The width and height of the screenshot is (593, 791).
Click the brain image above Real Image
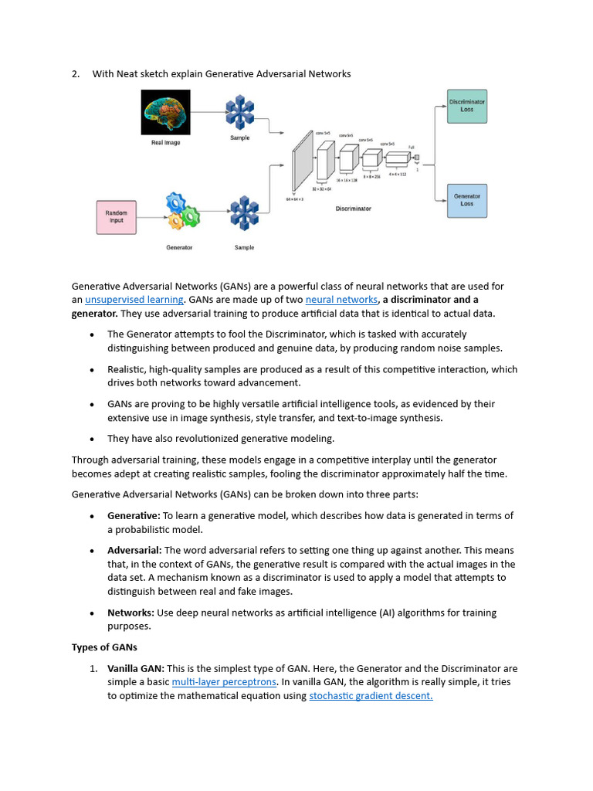click(165, 113)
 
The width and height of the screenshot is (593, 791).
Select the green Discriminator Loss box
click(466, 105)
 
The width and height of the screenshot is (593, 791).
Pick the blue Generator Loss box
click(466, 200)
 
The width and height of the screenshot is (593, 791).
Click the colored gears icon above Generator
click(182, 212)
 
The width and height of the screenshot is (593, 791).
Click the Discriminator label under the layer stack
click(353, 209)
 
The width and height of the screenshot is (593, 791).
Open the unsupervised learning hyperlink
click(134, 300)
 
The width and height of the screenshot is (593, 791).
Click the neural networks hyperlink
click(341, 300)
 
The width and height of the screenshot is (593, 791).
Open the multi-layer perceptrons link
click(224, 682)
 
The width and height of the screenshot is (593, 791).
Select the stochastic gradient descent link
click(371, 696)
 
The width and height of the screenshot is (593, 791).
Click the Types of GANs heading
click(104, 647)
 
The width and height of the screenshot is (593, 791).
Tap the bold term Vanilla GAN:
click(135, 668)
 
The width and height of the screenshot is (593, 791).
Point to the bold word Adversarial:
click(134, 550)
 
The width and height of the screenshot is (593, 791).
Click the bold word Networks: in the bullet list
click(130, 613)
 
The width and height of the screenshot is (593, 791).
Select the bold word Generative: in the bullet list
click(134, 515)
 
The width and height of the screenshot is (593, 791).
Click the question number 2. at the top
click(76, 74)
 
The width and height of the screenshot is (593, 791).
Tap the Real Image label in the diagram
click(166, 143)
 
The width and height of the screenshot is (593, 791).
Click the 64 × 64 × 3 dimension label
click(294, 199)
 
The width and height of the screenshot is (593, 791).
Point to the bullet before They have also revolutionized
click(92, 439)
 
